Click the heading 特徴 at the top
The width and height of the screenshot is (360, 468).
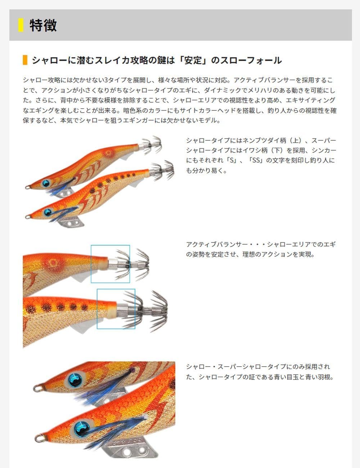click(x=43, y=25)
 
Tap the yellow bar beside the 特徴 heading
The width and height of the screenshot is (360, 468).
click(x=21, y=25)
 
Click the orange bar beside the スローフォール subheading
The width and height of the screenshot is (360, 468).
click(x=25, y=60)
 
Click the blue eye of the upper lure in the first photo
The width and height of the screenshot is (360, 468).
click(x=46, y=183)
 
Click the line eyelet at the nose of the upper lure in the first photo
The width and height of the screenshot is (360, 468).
click(x=27, y=187)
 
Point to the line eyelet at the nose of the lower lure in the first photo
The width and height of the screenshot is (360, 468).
click(x=27, y=217)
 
